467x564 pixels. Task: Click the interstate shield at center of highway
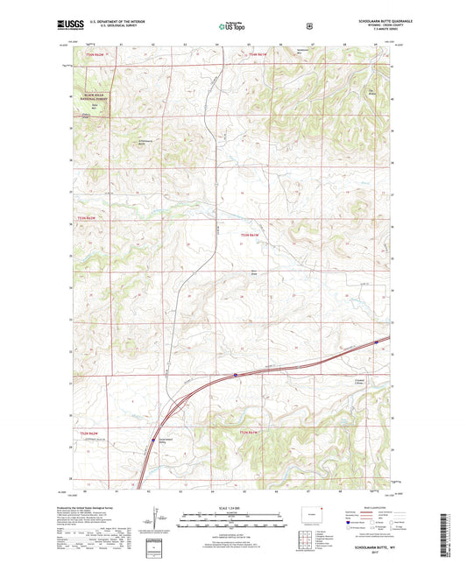(x=235, y=375)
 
